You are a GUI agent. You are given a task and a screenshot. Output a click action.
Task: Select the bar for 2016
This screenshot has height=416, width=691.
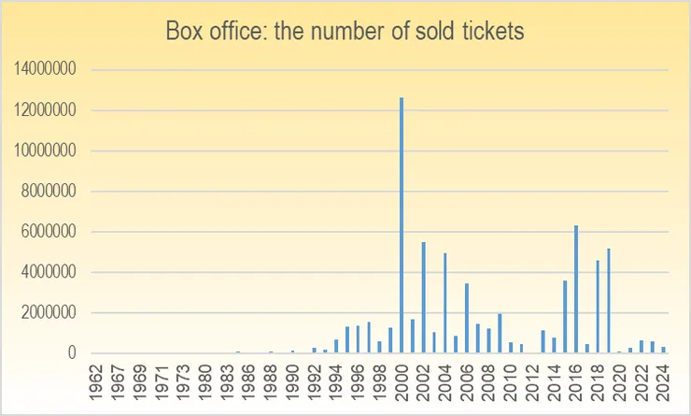[x=576, y=289]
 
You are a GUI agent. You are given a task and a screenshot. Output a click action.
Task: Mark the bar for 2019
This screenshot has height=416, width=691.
[x=609, y=300]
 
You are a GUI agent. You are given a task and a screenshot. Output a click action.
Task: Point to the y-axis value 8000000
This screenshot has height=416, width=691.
[x=49, y=192]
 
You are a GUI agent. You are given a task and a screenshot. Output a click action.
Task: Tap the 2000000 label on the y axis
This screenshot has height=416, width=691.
[x=49, y=313]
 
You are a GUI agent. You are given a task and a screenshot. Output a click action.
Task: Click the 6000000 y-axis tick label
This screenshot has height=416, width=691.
[x=49, y=232]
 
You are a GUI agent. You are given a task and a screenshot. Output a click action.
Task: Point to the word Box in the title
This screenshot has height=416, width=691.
[x=183, y=31]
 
